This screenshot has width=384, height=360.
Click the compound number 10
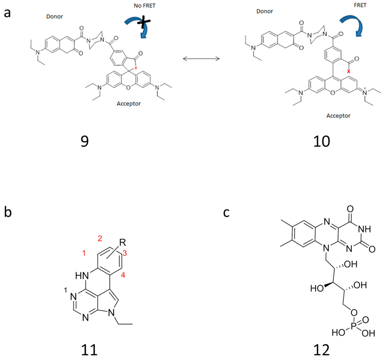coord(322,142)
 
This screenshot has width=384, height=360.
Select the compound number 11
coord(89,350)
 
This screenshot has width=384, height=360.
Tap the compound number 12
coord(322,350)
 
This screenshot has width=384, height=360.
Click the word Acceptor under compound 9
coord(127,103)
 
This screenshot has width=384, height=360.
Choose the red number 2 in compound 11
coord(99,238)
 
